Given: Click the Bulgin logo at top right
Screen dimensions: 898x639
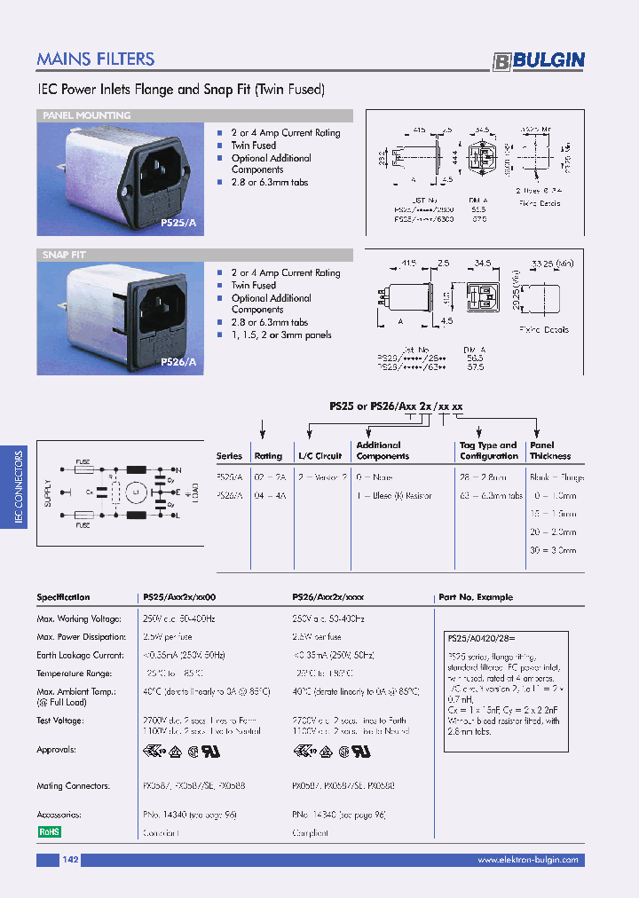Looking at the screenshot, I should click(539, 60).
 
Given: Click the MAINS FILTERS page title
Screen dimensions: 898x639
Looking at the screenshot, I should click(96, 59).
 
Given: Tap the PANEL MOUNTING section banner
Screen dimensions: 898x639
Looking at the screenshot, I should click(87, 115).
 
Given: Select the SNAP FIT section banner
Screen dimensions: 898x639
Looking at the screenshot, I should click(64, 256).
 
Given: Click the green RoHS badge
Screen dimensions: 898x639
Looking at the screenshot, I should click(48, 832).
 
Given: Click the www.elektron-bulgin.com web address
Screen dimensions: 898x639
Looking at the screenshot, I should click(527, 860).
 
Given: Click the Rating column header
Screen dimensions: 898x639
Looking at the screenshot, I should click(268, 456).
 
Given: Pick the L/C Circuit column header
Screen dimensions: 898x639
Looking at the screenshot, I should click(319, 456).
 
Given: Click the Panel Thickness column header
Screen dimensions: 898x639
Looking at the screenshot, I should click(550, 451).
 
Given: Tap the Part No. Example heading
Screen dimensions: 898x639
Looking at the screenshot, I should click(476, 597).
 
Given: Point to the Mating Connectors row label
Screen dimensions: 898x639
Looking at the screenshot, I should click(73, 785).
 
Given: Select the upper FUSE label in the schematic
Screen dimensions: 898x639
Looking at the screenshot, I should click(82, 462).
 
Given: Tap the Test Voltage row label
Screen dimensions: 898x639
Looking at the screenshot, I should click(60, 721).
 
